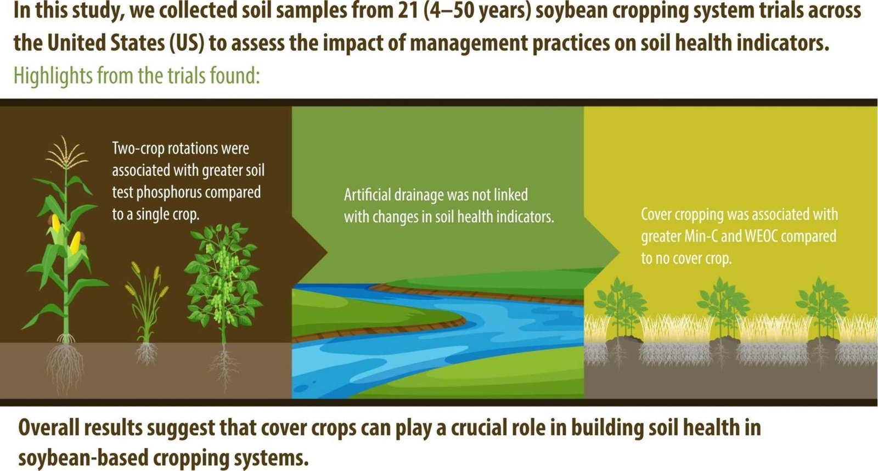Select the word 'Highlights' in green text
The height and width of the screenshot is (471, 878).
point(53,75)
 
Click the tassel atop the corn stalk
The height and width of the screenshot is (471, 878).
point(66,153)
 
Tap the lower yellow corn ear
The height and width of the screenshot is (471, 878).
point(75,243)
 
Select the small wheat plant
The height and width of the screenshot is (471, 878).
point(147,314)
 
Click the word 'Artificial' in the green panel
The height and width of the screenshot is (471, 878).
point(367,194)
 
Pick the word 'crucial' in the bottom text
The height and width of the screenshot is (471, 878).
point(493,428)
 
